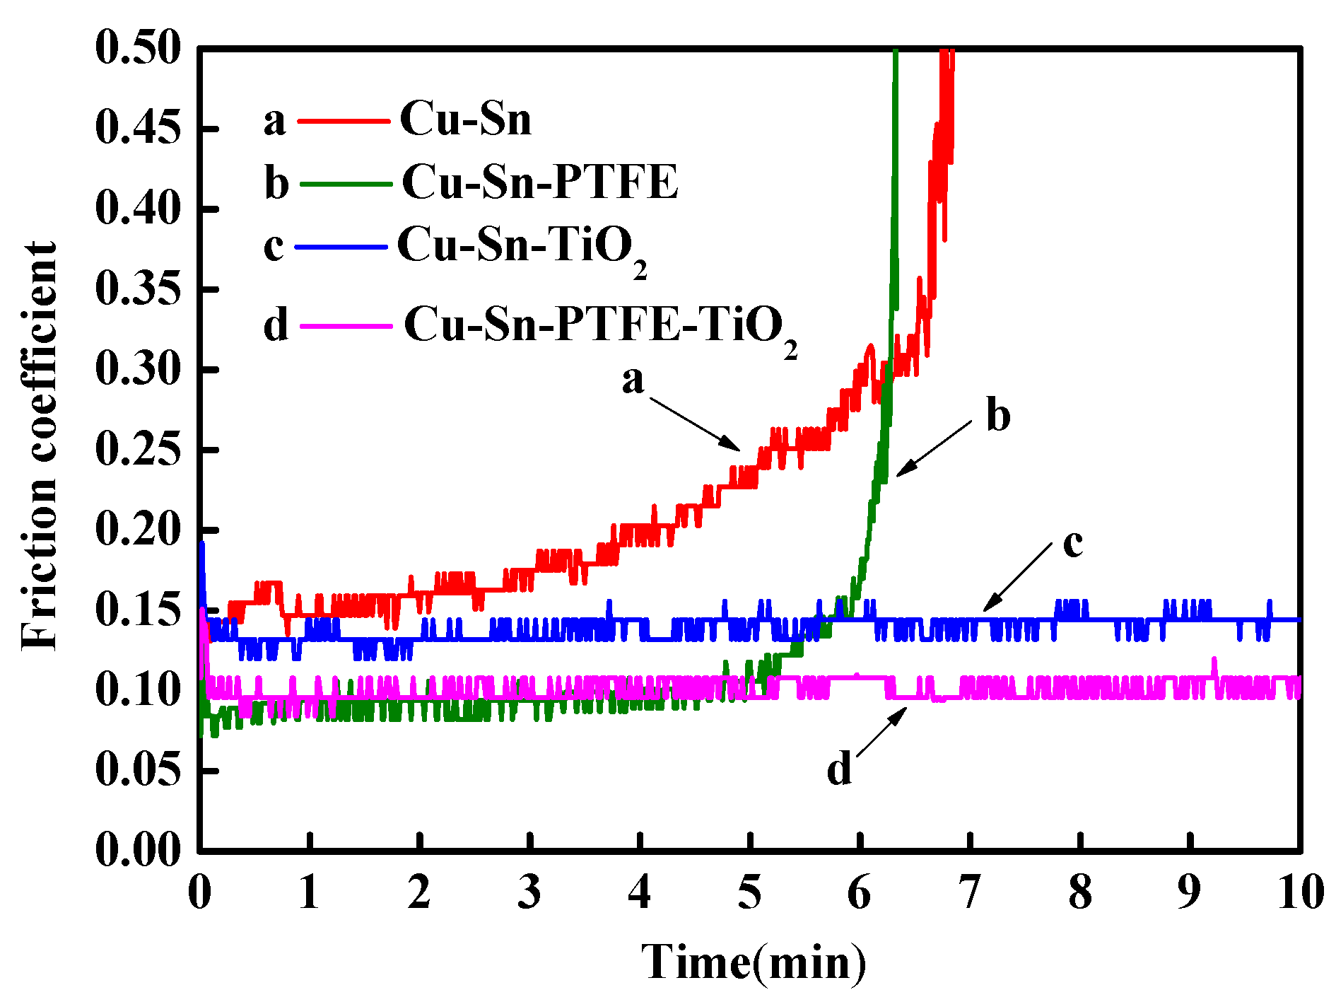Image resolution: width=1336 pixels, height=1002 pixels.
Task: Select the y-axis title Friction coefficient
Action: pos(39,445)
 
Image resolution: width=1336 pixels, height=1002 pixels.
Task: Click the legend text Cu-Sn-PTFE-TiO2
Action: pos(601,327)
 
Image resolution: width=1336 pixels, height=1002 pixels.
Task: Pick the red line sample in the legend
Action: pos(344,121)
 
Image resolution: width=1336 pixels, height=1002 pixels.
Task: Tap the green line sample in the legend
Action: pos(346,184)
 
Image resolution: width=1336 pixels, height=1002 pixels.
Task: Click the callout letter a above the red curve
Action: pos(633,380)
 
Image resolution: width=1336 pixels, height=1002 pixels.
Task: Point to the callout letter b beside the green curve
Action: pos(997,415)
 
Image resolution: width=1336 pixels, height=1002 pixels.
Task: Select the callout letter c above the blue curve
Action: pos(1072,544)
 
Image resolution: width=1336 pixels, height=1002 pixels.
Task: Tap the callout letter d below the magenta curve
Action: pos(839,769)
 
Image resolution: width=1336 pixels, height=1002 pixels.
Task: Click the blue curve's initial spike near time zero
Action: pos(202,559)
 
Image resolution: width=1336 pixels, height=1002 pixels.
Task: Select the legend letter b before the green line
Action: pos(276,184)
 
